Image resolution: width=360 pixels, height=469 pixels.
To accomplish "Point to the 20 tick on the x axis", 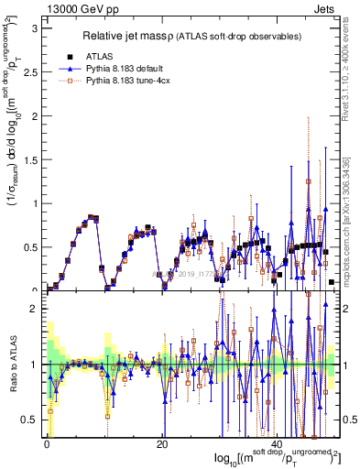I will coord(162,444).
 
